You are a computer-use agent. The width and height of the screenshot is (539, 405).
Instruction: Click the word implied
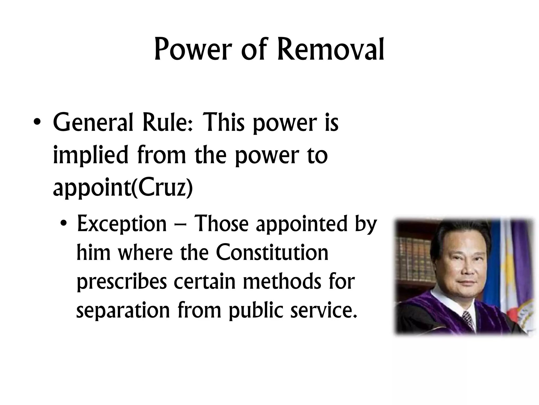click(x=91, y=156)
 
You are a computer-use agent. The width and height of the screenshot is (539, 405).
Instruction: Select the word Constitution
click(x=272, y=253)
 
